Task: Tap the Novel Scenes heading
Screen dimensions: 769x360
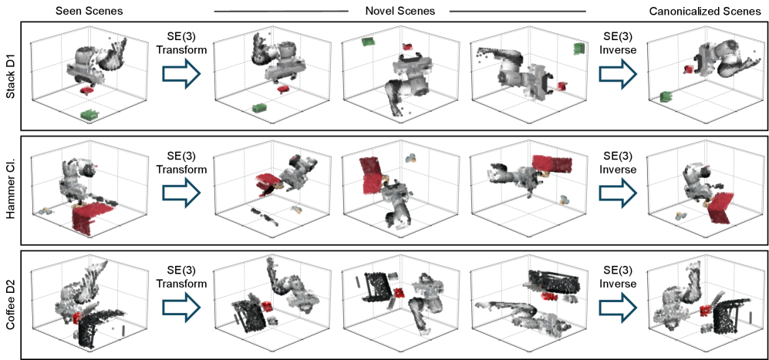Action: (400, 11)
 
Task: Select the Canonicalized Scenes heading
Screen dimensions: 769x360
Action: (705, 12)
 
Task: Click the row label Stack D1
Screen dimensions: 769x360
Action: (10, 76)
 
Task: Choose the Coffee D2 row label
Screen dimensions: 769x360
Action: (10, 304)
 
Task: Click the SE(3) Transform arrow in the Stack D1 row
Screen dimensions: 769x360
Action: (181, 75)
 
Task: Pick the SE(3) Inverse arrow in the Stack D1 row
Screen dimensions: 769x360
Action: (618, 75)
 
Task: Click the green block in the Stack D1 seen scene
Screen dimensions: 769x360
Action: (89, 114)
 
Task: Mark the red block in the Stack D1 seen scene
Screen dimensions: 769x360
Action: (87, 90)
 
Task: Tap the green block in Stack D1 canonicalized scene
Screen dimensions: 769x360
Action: (665, 96)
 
